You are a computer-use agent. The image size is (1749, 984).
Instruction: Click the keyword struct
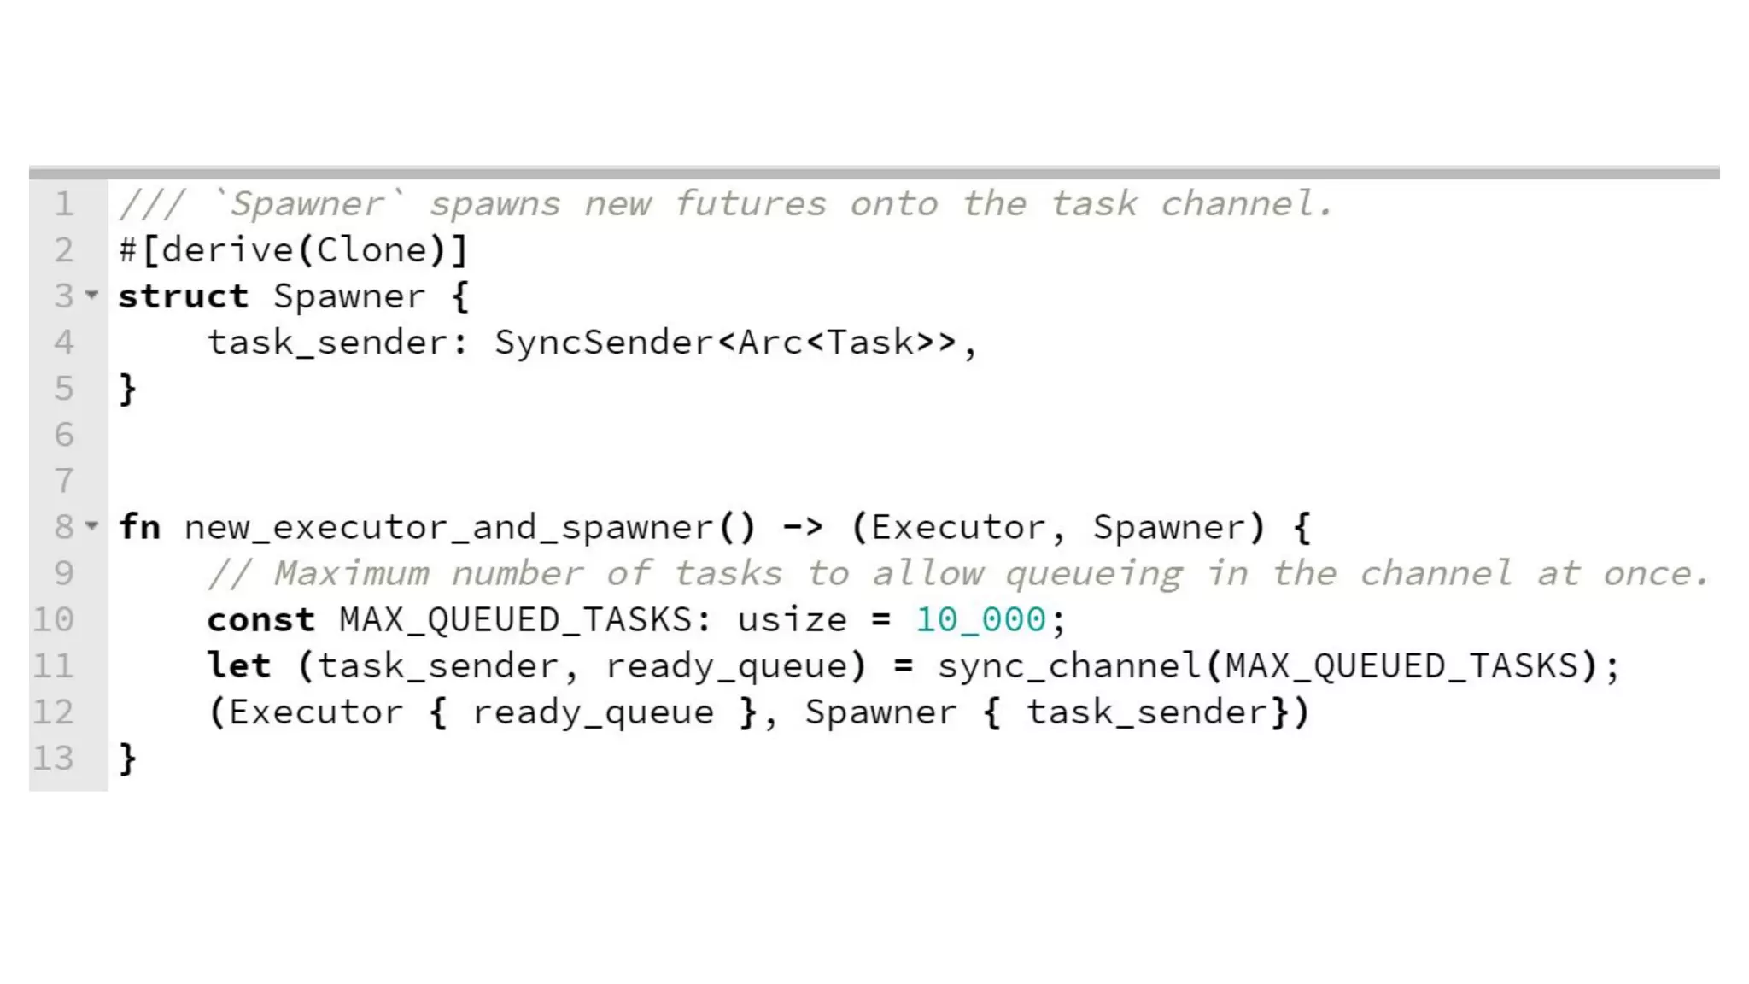pyautogui.click(x=183, y=296)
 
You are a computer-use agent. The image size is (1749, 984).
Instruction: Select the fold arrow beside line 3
pyautogui.click(x=92, y=296)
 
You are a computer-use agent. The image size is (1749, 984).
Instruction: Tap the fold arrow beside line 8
pyautogui.click(x=92, y=526)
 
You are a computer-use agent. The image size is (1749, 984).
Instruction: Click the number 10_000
pyautogui.click(x=980, y=619)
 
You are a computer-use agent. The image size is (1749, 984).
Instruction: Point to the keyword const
pyautogui.click(x=260, y=619)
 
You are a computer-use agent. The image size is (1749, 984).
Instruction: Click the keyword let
pyautogui.click(x=238, y=665)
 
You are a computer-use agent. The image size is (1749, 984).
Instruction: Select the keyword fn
pyautogui.click(x=139, y=527)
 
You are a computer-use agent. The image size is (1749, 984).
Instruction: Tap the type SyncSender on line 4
pyautogui.click(x=604, y=343)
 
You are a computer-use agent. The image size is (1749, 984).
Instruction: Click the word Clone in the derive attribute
pyautogui.click(x=371, y=250)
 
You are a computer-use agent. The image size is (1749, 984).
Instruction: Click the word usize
pyautogui.click(x=792, y=619)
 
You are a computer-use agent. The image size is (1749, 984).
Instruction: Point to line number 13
pyautogui.click(x=53, y=758)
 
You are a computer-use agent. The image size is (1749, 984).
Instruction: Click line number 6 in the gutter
pyautogui.click(x=64, y=435)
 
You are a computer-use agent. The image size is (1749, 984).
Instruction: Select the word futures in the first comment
pyautogui.click(x=750, y=204)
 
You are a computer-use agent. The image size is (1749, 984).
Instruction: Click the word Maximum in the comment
pyautogui.click(x=351, y=573)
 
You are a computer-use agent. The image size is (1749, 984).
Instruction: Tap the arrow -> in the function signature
pyautogui.click(x=803, y=527)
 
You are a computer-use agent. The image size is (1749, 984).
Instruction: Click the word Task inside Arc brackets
pyautogui.click(x=870, y=343)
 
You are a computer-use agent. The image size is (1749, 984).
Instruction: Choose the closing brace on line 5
pyautogui.click(x=127, y=389)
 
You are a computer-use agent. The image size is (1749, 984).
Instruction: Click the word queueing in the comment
pyautogui.click(x=1094, y=573)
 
